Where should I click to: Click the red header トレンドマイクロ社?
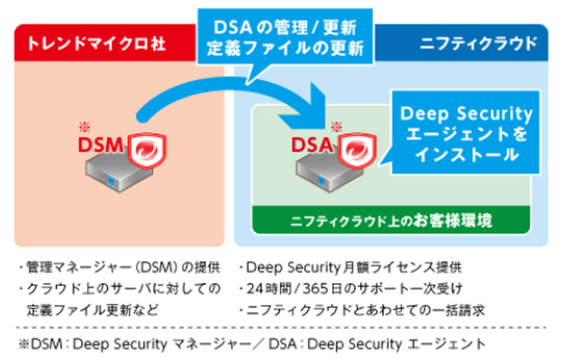point(96,43)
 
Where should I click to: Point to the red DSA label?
point(312,146)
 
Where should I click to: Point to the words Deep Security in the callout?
point(466,114)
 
